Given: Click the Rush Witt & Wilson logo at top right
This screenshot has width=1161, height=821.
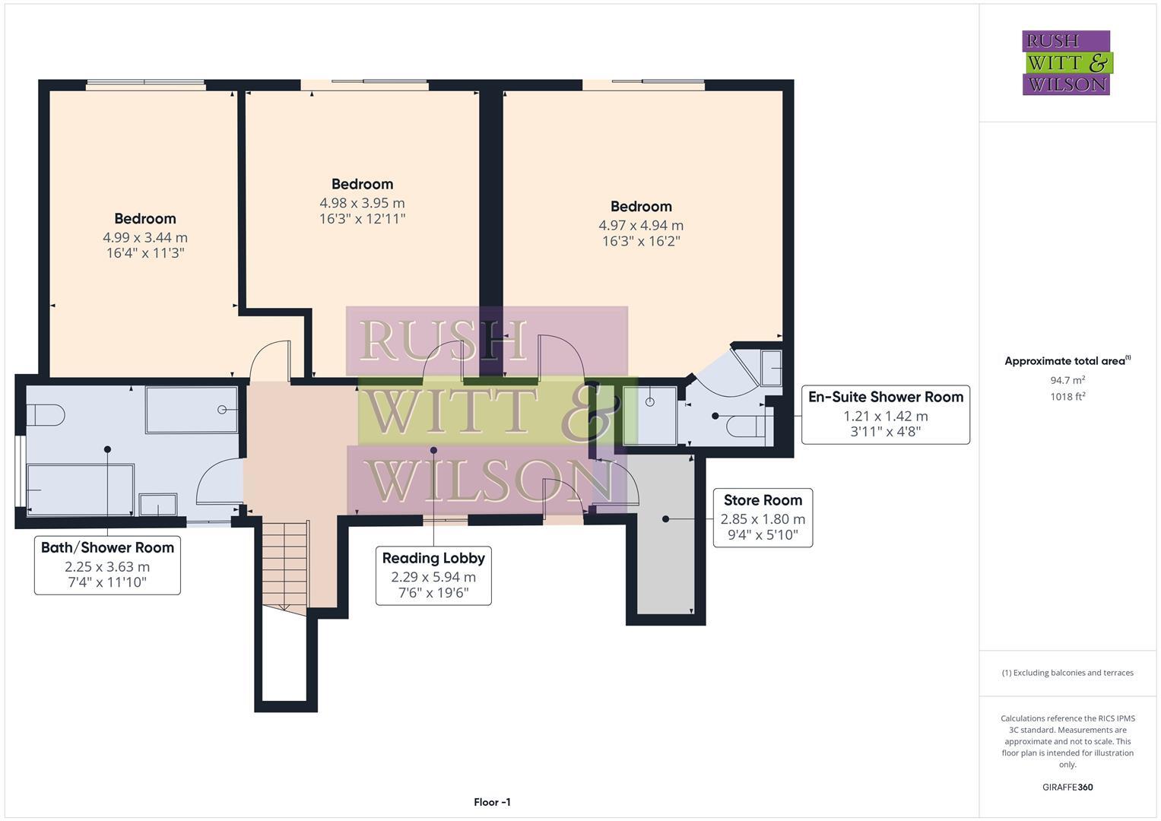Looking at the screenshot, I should [x=1066, y=63].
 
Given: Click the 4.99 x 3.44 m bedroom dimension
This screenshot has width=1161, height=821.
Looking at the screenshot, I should [x=145, y=237].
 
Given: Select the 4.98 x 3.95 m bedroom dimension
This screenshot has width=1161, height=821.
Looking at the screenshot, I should [x=362, y=203].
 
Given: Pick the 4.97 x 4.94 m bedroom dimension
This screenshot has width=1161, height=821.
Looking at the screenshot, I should [x=641, y=225].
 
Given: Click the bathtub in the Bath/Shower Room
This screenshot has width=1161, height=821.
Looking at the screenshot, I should [x=80, y=489].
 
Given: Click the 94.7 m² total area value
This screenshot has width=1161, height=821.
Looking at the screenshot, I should [x=1067, y=380].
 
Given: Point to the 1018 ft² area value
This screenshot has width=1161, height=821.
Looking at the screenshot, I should [x=1067, y=396].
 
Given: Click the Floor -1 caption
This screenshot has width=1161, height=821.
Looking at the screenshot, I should [x=492, y=802].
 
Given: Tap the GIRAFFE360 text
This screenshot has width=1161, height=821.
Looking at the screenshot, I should [x=1067, y=787].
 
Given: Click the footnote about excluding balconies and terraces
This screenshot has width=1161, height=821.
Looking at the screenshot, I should [x=1067, y=673].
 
